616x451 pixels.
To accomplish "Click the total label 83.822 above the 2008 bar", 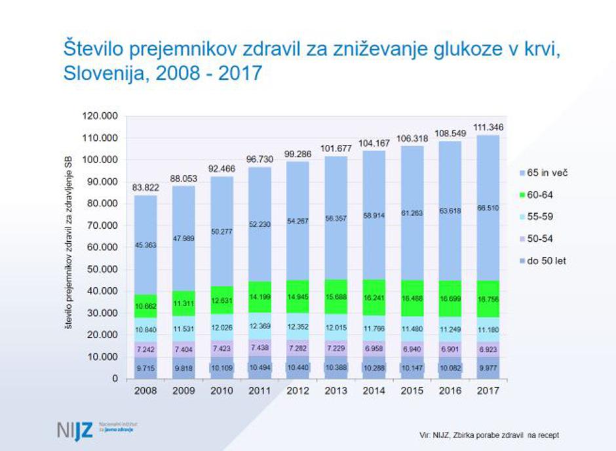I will point(145,187).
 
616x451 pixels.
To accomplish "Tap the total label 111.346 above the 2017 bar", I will point(485,127).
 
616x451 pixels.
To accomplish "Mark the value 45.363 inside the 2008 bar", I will point(145,246).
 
